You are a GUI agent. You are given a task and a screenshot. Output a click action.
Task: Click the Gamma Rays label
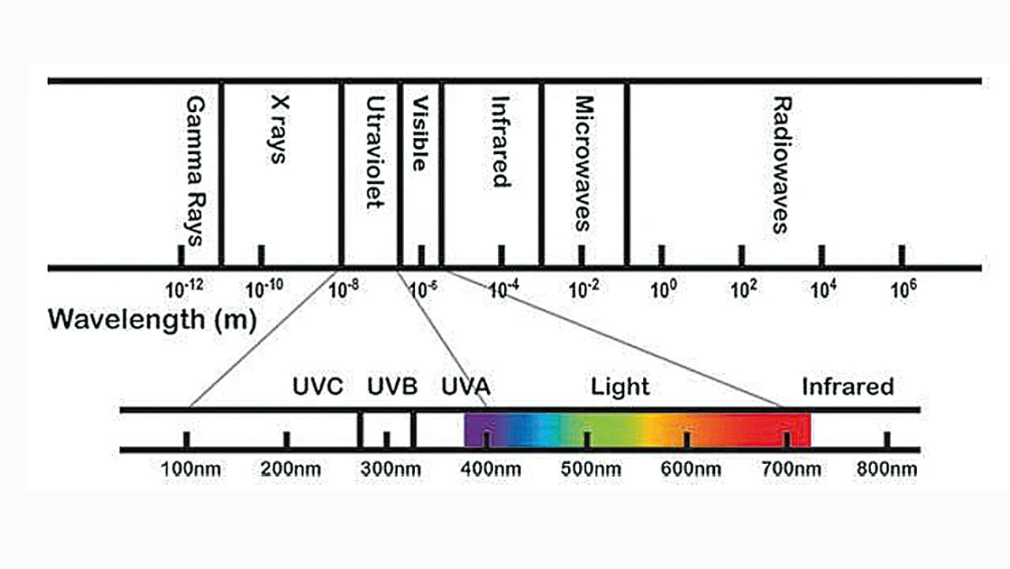[193, 171]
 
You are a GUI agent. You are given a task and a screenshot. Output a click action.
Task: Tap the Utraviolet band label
[375, 153]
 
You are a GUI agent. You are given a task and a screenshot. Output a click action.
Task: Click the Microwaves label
[583, 163]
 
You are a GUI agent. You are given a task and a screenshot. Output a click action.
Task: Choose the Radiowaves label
[780, 166]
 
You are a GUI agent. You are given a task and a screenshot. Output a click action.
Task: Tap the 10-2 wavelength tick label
[584, 289]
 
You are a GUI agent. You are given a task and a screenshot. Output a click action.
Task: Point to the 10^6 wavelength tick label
[903, 289]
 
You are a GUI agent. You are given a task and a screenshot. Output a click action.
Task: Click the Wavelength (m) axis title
[152, 320]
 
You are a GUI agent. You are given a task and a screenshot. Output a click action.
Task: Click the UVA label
[466, 387]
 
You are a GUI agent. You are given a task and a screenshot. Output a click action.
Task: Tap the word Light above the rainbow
[620, 387]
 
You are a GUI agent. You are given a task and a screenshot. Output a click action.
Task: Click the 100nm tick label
[190, 470]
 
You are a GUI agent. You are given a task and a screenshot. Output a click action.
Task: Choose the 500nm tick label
[590, 470]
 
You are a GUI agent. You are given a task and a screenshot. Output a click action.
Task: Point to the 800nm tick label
[887, 470]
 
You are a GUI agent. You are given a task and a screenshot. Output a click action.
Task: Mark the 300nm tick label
[391, 470]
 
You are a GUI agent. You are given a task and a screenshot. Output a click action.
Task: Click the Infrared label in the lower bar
[847, 387]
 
